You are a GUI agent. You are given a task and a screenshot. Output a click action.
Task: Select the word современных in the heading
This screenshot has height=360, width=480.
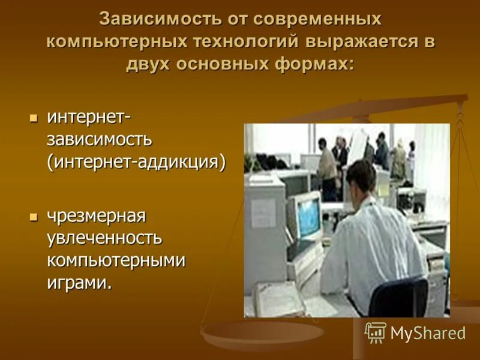pyautogui.click(x=317, y=19)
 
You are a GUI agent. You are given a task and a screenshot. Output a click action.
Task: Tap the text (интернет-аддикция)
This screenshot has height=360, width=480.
pyautogui.click(x=137, y=163)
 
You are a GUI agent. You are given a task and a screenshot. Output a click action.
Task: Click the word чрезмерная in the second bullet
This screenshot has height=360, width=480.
pyautogui.click(x=97, y=215)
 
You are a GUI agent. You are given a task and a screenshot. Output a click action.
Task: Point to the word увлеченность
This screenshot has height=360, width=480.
pyautogui.click(x=105, y=238)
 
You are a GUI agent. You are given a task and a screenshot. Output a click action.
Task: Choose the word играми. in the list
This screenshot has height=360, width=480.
pyautogui.click(x=80, y=282)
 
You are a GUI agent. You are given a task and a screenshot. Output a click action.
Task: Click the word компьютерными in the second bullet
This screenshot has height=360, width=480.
pyautogui.click(x=116, y=260)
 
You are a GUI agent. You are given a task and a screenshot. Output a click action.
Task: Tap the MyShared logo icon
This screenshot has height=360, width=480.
pyautogui.click(x=376, y=332)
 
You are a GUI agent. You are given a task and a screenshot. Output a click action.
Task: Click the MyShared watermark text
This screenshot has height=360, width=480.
pyautogui.click(x=428, y=333)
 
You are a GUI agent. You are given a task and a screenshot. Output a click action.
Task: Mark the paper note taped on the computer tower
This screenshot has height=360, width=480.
pyautogui.click(x=262, y=212)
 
